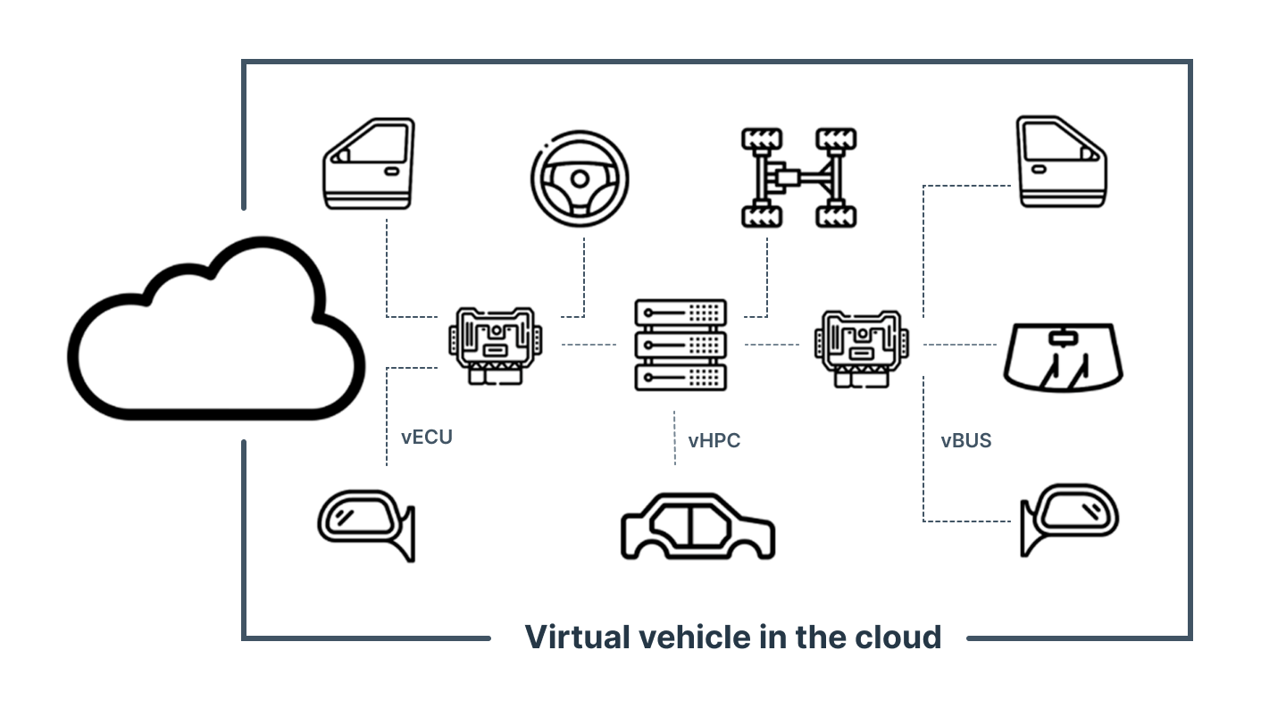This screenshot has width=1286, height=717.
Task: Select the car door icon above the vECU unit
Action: (369, 164)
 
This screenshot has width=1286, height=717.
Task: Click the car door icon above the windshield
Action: (1062, 163)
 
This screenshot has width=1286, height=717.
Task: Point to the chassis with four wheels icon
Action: (798, 178)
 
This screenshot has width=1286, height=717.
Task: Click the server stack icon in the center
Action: (680, 345)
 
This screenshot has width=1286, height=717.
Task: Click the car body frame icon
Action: (697, 526)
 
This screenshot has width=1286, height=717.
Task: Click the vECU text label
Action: (427, 438)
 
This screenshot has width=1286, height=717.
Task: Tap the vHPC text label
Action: (714, 440)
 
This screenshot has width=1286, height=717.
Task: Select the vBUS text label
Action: (965, 440)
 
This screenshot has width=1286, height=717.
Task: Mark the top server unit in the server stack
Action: (680, 313)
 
